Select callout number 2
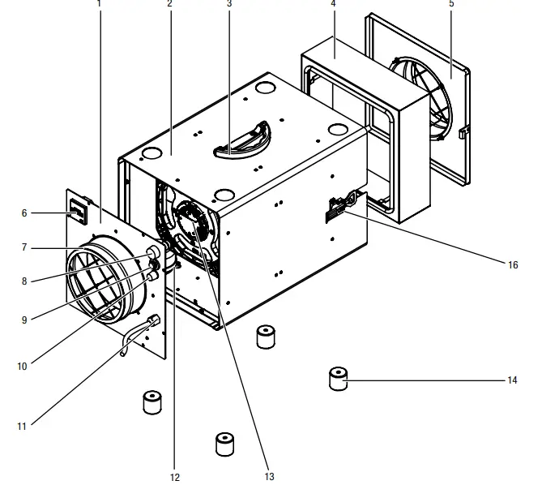(x=169, y=4)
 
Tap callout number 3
(x=229, y=4)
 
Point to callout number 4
(x=333, y=4)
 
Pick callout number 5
(x=451, y=4)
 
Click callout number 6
(x=24, y=213)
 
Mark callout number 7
(x=24, y=247)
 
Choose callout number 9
(x=24, y=320)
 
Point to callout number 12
(x=175, y=477)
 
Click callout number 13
(x=270, y=477)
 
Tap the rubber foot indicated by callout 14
(x=338, y=379)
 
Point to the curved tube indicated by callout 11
(x=138, y=332)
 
